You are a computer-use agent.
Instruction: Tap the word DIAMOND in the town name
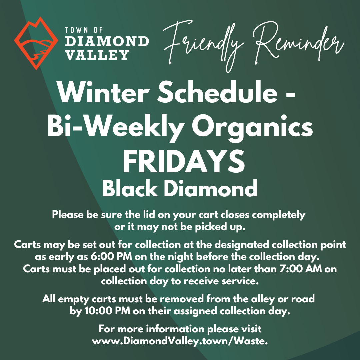click(x=107, y=41)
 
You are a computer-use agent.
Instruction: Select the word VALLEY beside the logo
click(x=97, y=54)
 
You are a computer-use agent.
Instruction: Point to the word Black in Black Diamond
click(x=130, y=189)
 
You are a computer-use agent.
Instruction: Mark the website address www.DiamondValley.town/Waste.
click(x=180, y=341)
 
